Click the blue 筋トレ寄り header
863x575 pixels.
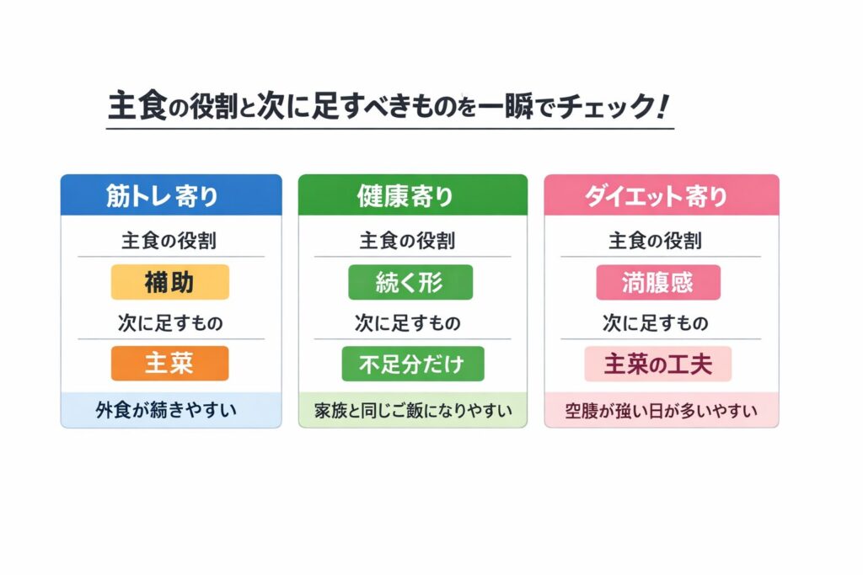(x=171, y=194)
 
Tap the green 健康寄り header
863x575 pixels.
(x=413, y=194)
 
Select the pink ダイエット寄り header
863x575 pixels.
(x=662, y=194)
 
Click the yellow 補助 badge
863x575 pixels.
(x=170, y=282)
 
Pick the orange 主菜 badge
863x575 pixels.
(x=170, y=364)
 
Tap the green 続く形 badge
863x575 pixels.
(x=410, y=282)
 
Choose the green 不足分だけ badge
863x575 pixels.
(x=413, y=364)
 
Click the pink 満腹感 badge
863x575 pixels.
(x=658, y=282)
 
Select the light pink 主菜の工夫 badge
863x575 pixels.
(x=658, y=364)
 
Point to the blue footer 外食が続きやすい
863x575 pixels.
(x=166, y=409)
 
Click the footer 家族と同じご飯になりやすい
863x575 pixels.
(x=413, y=410)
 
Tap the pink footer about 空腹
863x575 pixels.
(x=661, y=410)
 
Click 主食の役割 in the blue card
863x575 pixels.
(x=169, y=240)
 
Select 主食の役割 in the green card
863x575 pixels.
(x=407, y=240)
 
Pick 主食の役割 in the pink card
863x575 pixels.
(x=656, y=240)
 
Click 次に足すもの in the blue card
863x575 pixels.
(x=170, y=322)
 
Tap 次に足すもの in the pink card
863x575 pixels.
(x=656, y=322)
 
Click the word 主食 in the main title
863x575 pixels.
(x=137, y=105)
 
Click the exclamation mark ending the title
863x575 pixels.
(x=663, y=106)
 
